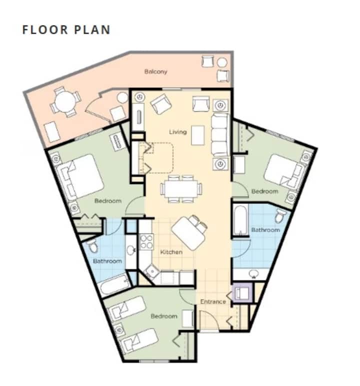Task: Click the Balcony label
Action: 155,71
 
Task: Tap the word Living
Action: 178,132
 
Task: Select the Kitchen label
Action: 171,252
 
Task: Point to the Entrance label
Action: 213,301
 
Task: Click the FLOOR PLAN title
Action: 66,30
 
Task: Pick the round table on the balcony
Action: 65,101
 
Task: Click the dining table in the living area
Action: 181,188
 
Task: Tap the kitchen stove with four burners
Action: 146,241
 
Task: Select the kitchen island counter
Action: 188,233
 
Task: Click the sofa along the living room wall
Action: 220,134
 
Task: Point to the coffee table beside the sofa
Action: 197,135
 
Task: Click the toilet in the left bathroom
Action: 93,245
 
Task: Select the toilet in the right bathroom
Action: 280,215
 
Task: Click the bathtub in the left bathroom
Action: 115,284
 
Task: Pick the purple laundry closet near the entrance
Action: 242,292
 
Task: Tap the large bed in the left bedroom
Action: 80,177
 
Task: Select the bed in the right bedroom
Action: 285,171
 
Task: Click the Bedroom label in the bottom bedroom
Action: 164,316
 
